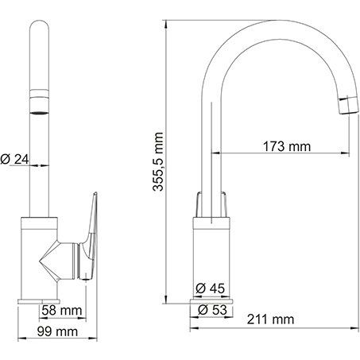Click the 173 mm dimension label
pos(287,146)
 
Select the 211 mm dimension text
pos(270,319)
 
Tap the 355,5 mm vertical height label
pos(158,161)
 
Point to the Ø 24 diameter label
pos(15,159)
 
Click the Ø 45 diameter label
pos(210,288)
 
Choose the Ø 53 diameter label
pos(213,310)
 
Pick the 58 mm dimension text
pos(62,311)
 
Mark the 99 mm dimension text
pos(57,331)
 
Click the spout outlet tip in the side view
pos(348,105)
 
